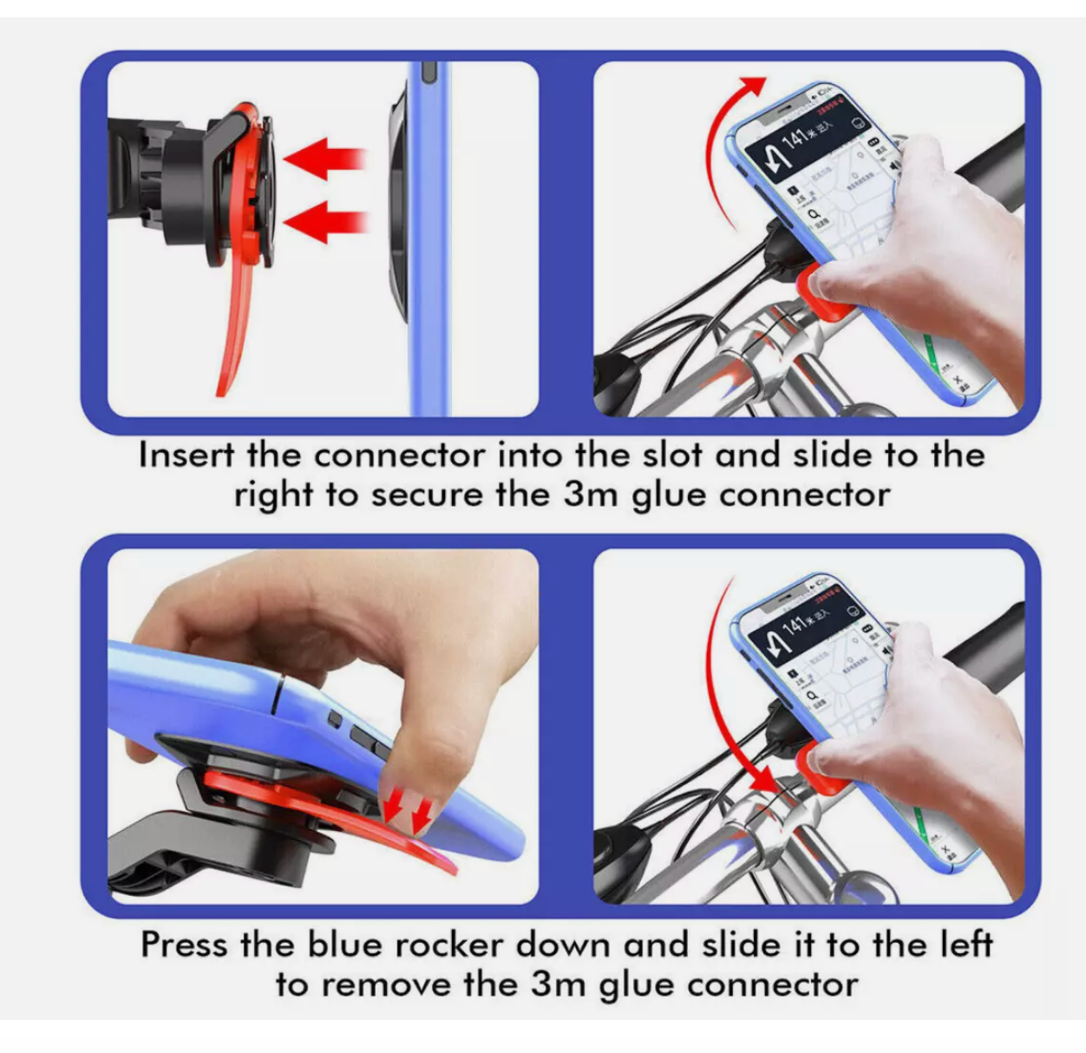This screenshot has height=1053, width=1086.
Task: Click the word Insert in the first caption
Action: point(186,455)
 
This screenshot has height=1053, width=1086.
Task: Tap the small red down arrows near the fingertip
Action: point(409,812)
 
